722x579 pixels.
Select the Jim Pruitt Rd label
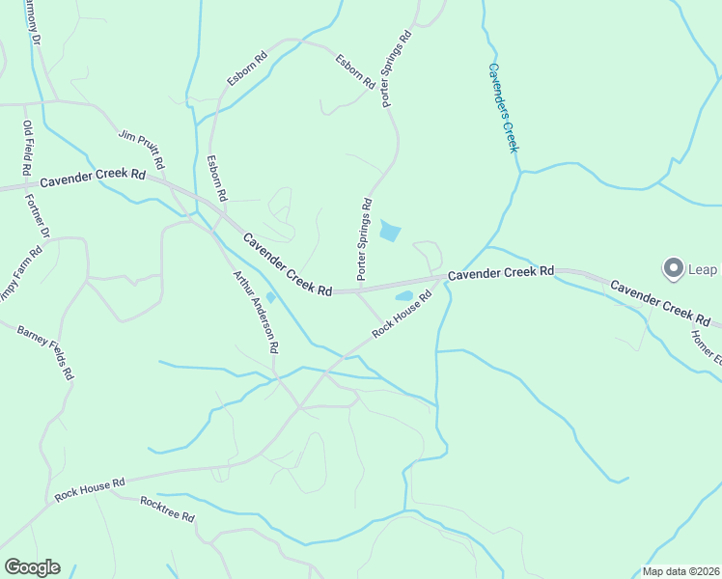click(142, 148)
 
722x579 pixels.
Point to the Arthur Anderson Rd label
click(256, 310)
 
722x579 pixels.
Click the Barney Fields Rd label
click(45, 353)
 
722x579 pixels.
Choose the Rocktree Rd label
click(167, 510)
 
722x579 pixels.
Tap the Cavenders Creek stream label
click(503, 107)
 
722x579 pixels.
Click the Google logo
click(32, 567)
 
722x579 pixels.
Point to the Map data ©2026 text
click(680, 571)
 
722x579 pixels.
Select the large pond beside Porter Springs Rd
click(390, 231)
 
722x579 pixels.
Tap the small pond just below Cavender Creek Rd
click(404, 295)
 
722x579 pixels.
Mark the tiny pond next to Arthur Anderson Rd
click(270, 297)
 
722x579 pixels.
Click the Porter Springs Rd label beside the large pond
click(364, 239)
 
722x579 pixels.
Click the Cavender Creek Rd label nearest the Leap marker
click(660, 303)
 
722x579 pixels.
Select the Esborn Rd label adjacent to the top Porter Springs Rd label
click(354, 71)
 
